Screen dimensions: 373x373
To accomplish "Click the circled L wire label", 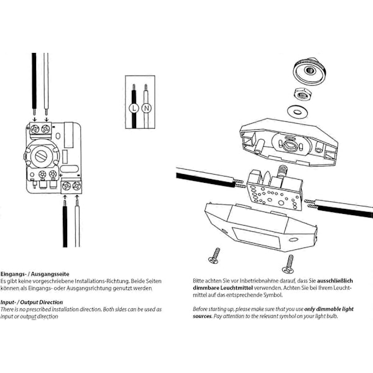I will click(132, 108).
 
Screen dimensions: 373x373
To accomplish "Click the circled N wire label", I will click(146, 108).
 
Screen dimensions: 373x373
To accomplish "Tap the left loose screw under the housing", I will click(215, 254).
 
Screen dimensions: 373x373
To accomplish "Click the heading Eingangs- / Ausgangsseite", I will click(34, 274).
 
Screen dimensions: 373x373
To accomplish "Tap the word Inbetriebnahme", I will click(254, 281).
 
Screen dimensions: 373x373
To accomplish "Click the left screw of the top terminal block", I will click(34, 129).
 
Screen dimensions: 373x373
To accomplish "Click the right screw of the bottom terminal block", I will click(76, 185).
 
